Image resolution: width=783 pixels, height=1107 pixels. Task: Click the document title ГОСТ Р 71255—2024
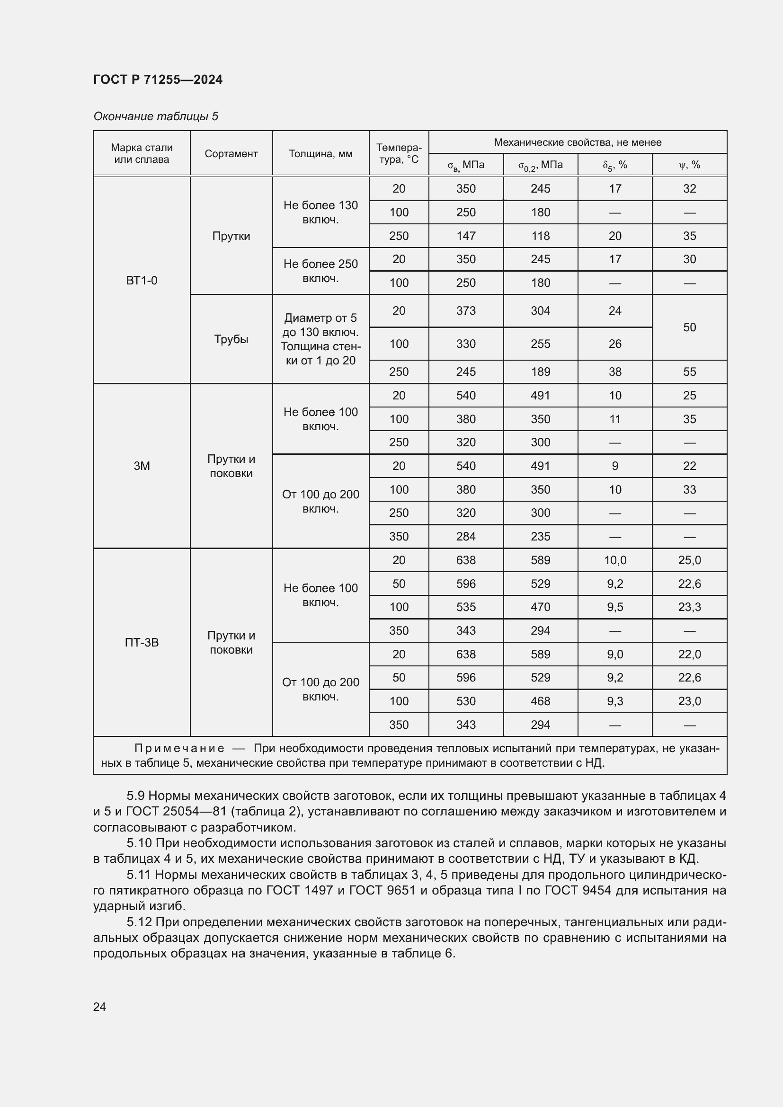click(158, 80)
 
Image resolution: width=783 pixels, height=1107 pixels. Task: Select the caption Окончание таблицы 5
click(156, 116)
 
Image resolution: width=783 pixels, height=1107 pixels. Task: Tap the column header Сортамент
click(231, 154)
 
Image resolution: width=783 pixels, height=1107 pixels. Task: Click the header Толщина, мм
click(320, 154)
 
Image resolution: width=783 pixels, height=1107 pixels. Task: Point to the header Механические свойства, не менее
click(577, 142)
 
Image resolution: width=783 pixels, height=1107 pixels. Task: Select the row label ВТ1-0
click(141, 281)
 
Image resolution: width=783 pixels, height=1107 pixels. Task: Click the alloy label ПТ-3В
click(141, 642)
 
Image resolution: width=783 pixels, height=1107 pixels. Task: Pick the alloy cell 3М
click(141, 466)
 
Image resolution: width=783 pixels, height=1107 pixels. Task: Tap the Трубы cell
click(231, 339)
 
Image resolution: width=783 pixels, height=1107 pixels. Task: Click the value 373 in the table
click(466, 311)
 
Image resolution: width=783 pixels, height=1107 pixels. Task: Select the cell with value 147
click(466, 236)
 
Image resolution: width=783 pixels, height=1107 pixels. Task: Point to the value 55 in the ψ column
click(689, 372)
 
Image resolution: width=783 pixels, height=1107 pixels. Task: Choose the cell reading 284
click(466, 536)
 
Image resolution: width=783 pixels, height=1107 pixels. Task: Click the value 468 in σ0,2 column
click(540, 701)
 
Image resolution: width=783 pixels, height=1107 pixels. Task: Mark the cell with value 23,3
click(689, 607)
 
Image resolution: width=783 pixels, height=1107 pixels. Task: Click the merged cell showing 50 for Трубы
click(689, 328)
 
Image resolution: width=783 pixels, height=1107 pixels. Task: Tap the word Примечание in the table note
click(179, 748)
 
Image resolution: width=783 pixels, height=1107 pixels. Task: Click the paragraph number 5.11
click(139, 875)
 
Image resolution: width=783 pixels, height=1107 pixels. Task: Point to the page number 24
click(99, 1007)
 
